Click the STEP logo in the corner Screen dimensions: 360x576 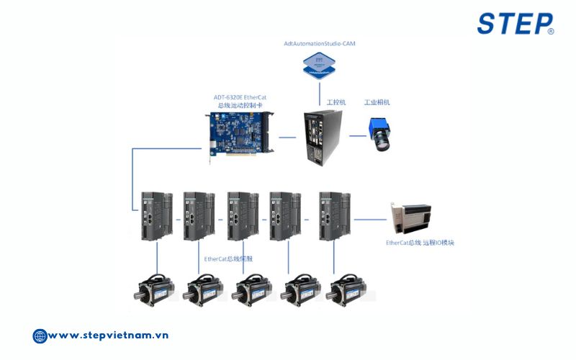click(x=515, y=23)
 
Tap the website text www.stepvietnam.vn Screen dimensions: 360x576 click(x=109, y=336)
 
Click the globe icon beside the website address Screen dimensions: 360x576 click(x=40, y=336)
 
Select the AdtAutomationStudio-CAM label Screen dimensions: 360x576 click(x=319, y=44)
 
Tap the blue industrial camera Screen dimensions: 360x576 click(x=381, y=135)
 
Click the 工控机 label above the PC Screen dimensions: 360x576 click(x=336, y=102)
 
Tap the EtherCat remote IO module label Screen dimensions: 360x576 click(x=420, y=243)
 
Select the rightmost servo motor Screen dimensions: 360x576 click(x=344, y=290)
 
